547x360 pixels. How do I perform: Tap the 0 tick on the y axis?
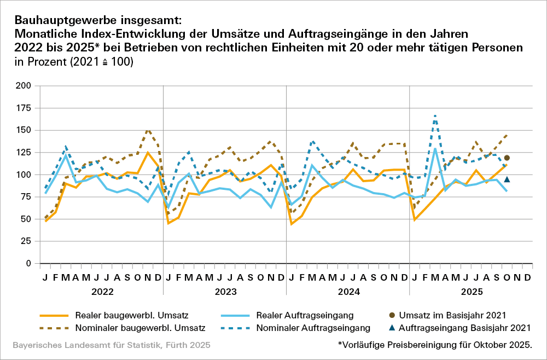click(x=28, y=263)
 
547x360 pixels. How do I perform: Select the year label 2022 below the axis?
click(x=102, y=293)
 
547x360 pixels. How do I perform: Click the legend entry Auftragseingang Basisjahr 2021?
click(x=465, y=328)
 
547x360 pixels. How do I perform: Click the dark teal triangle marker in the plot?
click(x=507, y=179)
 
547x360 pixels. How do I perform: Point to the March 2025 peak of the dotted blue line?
click(x=435, y=115)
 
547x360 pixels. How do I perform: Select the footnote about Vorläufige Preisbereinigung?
click(x=435, y=345)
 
